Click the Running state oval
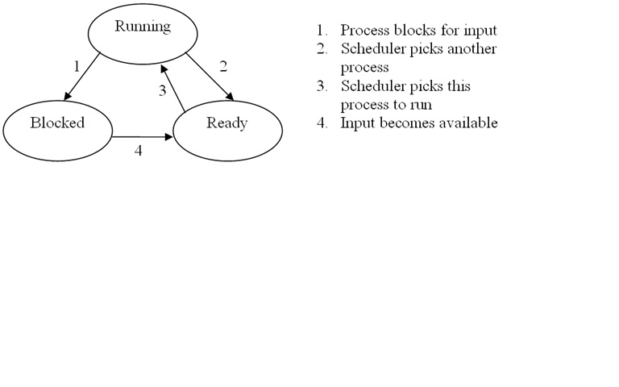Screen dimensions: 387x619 click(143, 32)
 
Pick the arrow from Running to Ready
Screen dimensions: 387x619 click(209, 78)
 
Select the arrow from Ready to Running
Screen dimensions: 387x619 click(174, 89)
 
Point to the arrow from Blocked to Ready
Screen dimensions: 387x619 click(143, 137)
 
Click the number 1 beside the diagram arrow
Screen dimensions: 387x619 click(77, 67)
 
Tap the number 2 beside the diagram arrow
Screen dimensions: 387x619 click(223, 67)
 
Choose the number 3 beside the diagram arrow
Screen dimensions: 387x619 click(162, 91)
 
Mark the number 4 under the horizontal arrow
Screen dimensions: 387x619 click(138, 151)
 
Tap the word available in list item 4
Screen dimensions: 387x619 click(467, 123)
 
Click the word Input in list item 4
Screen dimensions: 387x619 click(356, 123)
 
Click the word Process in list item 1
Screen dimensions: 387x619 click(364, 31)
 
